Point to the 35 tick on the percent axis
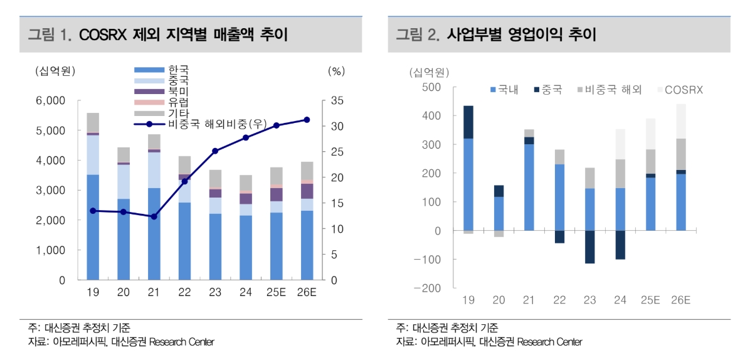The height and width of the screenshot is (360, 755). [336, 101]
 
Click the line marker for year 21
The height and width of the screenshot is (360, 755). [154, 216]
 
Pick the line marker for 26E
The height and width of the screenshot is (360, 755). [307, 119]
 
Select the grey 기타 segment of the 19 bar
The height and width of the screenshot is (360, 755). [93, 122]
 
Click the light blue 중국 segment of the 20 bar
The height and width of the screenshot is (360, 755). [124, 181]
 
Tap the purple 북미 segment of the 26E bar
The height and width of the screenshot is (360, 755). [307, 191]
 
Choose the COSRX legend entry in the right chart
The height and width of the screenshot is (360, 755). [684, 90]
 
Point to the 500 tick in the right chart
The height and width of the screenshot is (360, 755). [433, 87]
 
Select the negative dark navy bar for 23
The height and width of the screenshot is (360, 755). [589, 246]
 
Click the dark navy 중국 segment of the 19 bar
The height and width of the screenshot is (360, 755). [468, 122]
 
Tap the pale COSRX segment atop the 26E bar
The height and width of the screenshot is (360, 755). [680, 121]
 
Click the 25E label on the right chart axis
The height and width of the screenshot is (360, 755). [650, 300]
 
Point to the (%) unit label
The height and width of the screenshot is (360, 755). [336, 71]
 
